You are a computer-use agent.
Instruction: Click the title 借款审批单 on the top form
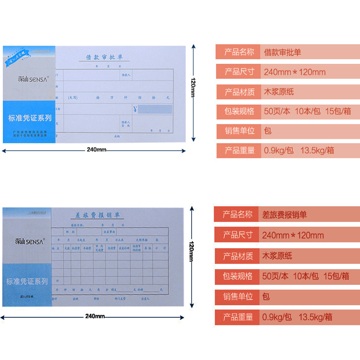[104, 57]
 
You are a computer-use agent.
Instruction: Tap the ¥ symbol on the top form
[135, 108]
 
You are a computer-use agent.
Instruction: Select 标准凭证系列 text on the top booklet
[30, 118]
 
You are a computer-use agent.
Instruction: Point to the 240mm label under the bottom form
[95, 316]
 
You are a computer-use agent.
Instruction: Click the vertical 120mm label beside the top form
[193, 87]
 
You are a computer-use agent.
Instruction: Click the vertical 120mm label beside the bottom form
[191, 251]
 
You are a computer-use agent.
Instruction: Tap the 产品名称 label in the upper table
[240, 52]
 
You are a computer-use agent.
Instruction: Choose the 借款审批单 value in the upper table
[283, 52]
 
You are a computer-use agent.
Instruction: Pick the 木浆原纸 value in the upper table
[279, 92]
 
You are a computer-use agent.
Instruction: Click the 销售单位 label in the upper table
[240, 131]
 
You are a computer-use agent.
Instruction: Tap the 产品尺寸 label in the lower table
[238, 235]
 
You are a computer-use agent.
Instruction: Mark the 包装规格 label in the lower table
[238, 276]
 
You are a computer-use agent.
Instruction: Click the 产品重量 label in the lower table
[238, 317]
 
